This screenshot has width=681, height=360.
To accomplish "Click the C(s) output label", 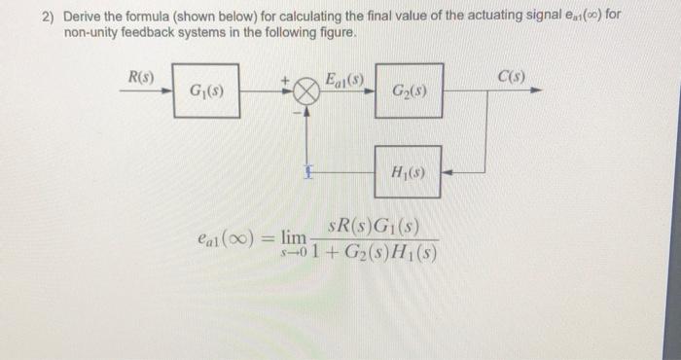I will tap(510, 77).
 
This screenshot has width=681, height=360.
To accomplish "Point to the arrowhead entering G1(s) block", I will tap(166, 91).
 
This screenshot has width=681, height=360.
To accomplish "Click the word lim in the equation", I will tap(294, 235).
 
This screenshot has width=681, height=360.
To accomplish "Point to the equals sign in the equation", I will tap(265, 237).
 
